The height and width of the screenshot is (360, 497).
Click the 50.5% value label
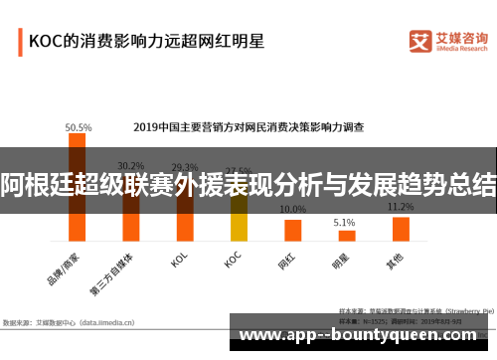point(79,127)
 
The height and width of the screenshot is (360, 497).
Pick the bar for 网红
point(292,230)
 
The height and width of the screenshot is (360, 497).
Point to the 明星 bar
point(346,236)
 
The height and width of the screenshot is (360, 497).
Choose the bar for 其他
point(400,229)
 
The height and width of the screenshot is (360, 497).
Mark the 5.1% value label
point(345,223)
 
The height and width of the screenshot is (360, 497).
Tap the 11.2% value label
point(401,207)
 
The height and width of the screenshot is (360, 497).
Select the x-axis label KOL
point(179,260)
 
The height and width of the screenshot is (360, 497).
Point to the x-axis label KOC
point(233,260)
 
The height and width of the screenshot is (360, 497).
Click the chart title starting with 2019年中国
point(248,127)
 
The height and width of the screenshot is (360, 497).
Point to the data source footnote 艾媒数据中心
point(64,322)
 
